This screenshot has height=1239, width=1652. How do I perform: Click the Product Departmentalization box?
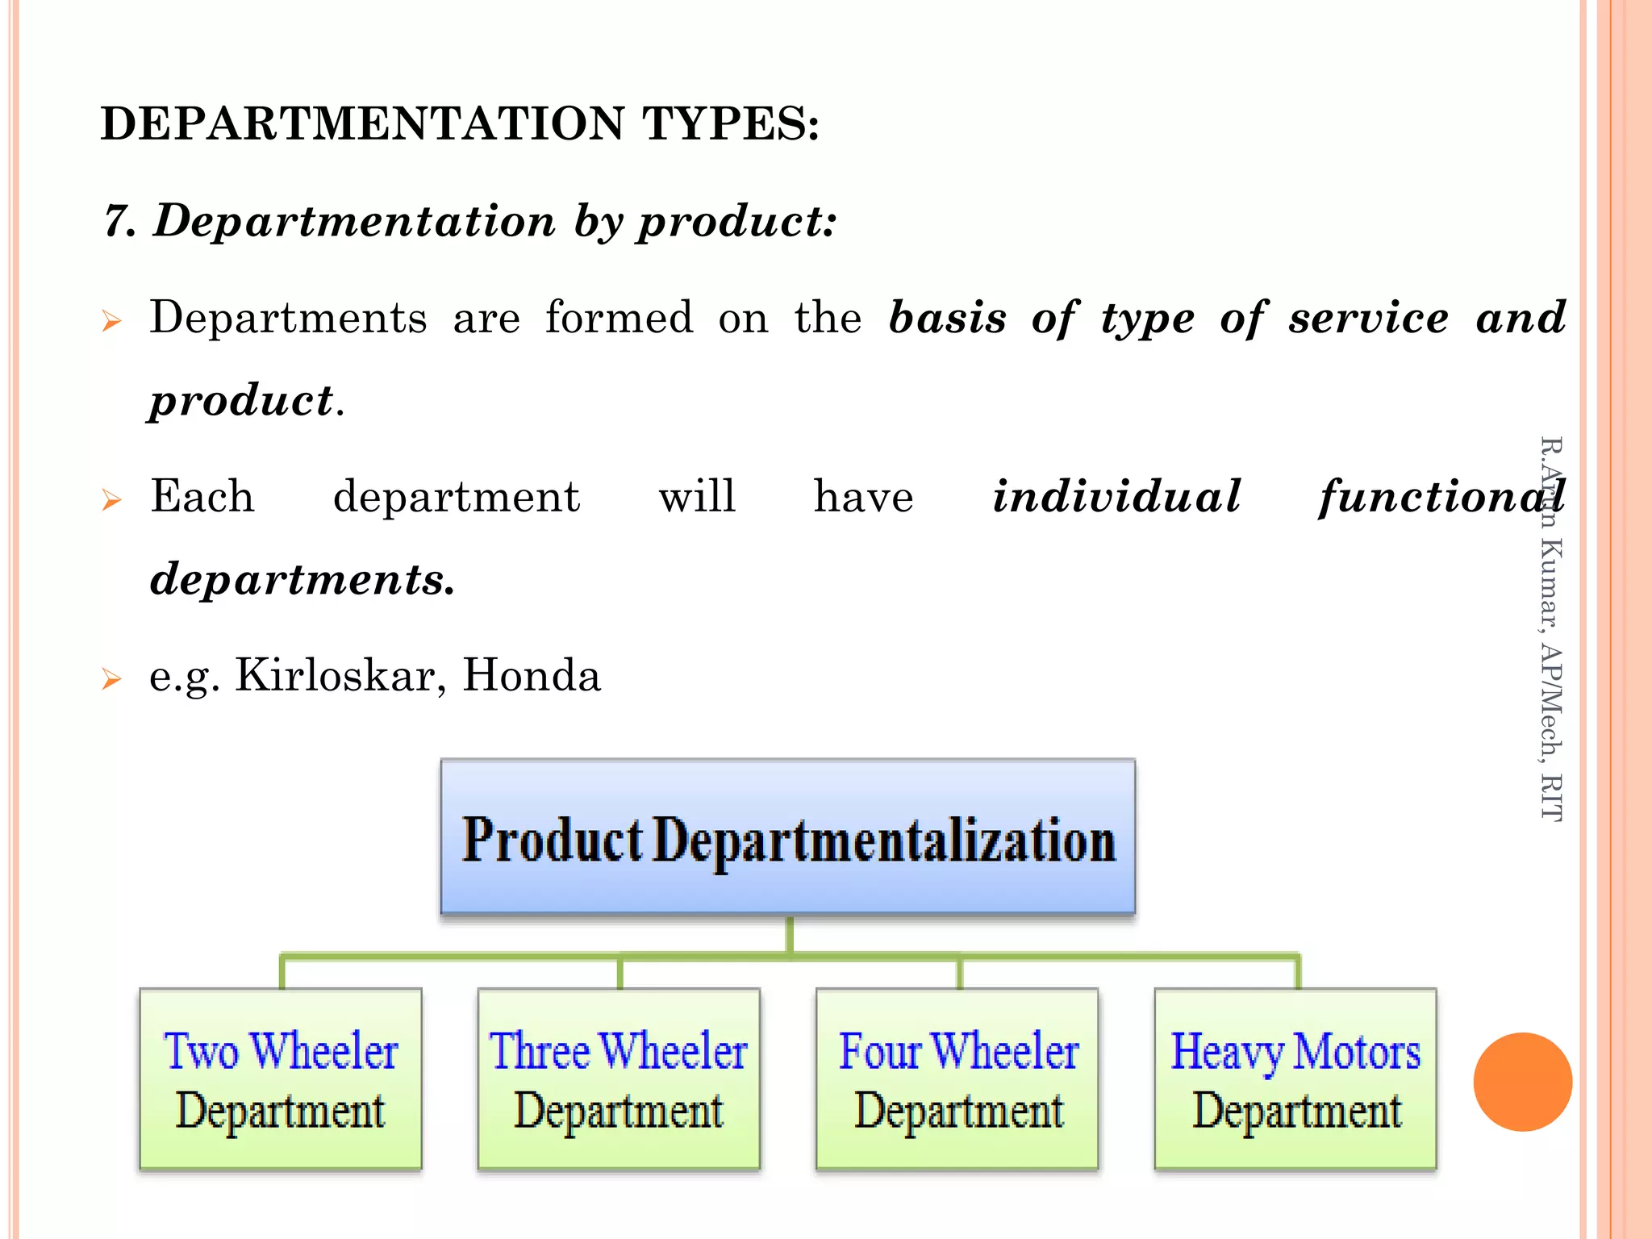pos(787,836)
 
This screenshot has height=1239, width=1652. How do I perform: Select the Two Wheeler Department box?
pos(281,1078)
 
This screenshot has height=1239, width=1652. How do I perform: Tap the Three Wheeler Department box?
pos(619,1078)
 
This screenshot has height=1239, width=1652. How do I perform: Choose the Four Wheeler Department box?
pos(957,1078)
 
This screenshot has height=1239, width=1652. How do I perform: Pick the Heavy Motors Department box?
pos(1295,1078)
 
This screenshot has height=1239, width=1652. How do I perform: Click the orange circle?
pos(1522,1082)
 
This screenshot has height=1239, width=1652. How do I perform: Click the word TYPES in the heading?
pos(730,123)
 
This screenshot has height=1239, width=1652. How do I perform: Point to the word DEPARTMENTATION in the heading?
pos(362,123)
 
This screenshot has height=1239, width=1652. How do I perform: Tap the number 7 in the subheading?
pos(119,221)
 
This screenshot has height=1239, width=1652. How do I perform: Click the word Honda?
pos(532,675)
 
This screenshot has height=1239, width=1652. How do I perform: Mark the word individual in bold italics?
pos(1116,496)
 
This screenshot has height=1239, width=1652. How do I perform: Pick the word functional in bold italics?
pos(1441,496)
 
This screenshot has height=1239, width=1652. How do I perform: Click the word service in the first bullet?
pos(1368,317)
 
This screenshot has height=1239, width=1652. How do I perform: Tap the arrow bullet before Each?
pos(111,500)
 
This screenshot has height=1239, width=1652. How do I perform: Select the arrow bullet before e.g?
pos(111,679)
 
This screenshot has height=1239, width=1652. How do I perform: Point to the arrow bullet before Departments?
pos(111,322)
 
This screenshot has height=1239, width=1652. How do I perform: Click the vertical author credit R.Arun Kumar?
pos(1550,629)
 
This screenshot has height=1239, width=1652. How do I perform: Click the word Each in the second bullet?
pos(202,496)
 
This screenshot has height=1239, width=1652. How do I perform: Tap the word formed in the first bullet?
pos(619,317)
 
